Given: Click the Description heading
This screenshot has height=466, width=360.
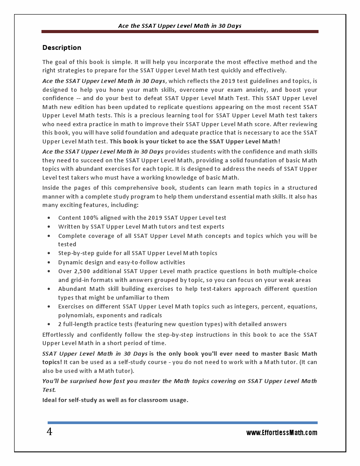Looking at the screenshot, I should click(62, 48).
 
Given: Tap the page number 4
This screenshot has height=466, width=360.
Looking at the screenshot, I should click(49, 432).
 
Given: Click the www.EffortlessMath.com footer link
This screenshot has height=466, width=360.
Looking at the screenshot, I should click(281, 433).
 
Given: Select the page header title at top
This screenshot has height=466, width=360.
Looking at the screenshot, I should click(180, 26).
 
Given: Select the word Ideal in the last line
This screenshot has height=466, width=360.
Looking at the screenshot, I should click(50, 400).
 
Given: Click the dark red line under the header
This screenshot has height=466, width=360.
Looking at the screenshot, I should click(180, 32).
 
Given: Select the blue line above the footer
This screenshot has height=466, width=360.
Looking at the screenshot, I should click(182, 423).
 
